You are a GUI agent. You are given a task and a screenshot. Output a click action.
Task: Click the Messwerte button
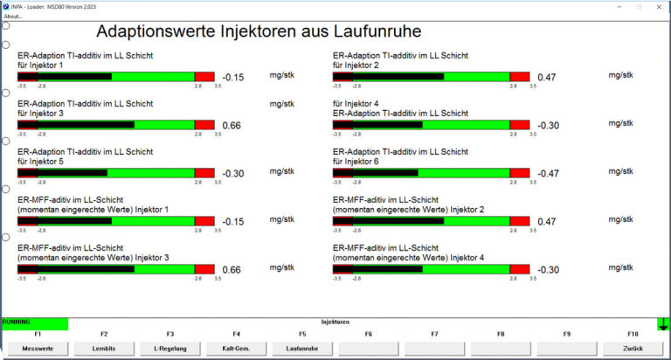(x=38, y=348)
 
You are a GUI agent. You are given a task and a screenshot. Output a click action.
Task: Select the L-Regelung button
(x=169, y=348)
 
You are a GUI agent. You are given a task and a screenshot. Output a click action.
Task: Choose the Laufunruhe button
(x=302, y=348)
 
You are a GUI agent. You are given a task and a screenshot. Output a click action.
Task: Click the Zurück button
(x=633, y=348)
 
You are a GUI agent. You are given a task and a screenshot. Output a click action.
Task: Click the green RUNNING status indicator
(x=34, y=322)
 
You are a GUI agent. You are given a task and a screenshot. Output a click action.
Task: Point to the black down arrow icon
(x=663, y=324)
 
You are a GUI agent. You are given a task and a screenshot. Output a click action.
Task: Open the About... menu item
(x=13, y=16)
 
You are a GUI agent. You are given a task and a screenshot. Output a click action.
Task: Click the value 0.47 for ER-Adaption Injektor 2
(x=547, y=78)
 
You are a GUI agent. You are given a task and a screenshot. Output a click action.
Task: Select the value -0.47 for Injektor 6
(x=548, y=174)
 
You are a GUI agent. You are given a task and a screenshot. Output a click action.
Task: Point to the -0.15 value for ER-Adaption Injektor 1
(x=232, y=78)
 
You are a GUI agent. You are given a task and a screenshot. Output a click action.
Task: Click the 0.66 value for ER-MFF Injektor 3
(x=232, y=270)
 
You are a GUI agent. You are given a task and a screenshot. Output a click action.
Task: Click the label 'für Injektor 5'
(x=40, y=162)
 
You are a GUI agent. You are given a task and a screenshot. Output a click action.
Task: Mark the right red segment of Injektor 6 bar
(x=520, y=173)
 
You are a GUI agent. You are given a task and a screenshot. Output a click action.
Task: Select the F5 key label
(x=302, y=334)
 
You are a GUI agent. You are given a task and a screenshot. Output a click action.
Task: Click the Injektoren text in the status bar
(x=335, y=322)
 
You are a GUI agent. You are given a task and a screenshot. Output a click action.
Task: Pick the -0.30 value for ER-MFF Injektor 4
(x=548, y=270)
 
